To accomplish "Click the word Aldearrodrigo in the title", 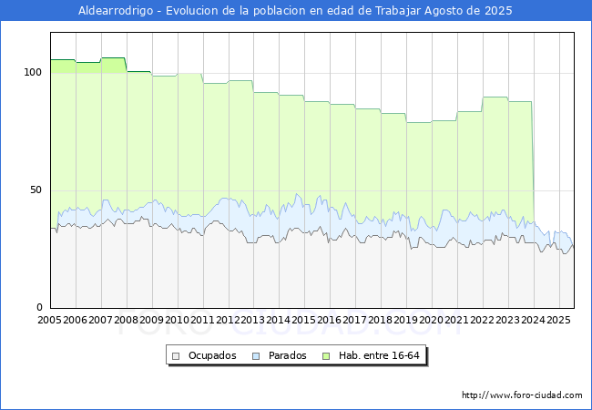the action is [x=116, y=11].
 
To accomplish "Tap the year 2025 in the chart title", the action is [x=498, y=11].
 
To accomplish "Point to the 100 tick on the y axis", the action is [x=33, y=72].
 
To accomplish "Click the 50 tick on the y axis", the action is [x=36, y=190].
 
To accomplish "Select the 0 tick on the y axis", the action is [x=39, y=307].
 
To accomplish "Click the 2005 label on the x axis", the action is [x=49, y=320].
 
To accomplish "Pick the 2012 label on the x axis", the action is [x=228, y=320].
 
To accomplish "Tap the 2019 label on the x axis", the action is [x=406, y=320].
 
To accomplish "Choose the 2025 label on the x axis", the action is [x=558, y=320].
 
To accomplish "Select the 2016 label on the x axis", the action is [x=330, y=320].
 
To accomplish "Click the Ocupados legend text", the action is [x=212, y=355].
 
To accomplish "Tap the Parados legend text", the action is [x=287, y=355].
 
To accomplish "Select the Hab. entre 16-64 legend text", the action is [x=379, y=355].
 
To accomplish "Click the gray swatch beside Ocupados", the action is [x=176, y=356].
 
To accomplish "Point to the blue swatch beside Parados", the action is [x=256, y=356].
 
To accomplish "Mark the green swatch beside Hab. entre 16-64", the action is [x=326, y=356].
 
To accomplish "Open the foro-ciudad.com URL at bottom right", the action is [x=522, y=395].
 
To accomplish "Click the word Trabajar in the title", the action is [x=398, y=11].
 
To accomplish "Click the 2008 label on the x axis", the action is [x=126, y=320].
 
